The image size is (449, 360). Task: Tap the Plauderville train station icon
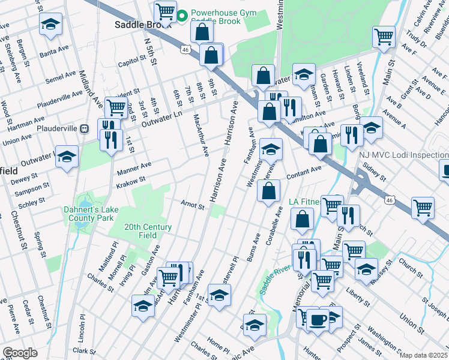(85, 128)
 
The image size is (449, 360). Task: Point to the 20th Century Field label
(148, 231)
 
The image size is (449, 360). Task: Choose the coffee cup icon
(318, 319)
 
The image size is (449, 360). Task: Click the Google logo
(20, 353)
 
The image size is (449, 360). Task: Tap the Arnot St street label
(193, 205)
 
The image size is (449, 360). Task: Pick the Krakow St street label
(134, 180)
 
